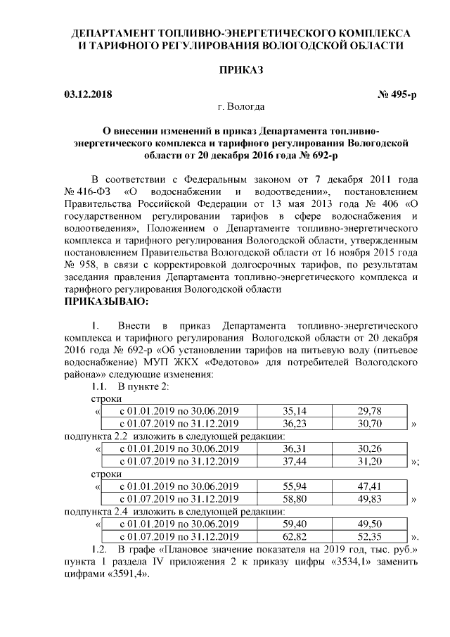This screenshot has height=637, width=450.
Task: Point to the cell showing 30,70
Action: click(369, 424)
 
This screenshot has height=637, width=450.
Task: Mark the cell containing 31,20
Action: click(369, 462)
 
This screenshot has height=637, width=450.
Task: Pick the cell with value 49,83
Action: click(369, 499)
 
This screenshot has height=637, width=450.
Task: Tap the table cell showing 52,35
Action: click(369, 537)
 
